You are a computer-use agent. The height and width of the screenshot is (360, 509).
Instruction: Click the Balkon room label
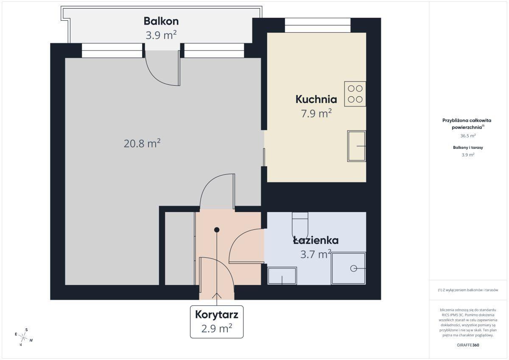161,21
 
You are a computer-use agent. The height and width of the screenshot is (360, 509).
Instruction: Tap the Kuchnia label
316,100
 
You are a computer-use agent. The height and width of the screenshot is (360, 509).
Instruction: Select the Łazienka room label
316,240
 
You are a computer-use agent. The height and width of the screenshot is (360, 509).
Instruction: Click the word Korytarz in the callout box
217,315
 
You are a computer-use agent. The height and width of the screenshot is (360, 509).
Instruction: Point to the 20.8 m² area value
142,143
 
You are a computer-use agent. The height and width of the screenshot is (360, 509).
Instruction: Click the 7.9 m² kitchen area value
316,113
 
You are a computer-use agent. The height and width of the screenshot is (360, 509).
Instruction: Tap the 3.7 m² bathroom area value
316,254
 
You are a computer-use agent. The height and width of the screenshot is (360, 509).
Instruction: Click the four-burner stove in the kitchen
355,94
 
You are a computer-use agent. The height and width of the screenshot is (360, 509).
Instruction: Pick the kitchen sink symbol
357,146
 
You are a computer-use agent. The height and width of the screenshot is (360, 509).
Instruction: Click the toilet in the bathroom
300,225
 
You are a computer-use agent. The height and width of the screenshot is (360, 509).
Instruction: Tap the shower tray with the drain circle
349,268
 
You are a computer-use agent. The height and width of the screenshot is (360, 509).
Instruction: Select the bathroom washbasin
282,276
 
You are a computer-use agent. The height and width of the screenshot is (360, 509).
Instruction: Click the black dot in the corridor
217,230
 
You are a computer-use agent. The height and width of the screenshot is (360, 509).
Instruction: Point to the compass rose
24,337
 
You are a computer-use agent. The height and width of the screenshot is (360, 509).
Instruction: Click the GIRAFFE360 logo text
468,345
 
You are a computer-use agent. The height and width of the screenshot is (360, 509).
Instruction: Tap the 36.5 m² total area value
468,136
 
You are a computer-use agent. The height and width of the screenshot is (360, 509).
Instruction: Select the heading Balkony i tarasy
468,148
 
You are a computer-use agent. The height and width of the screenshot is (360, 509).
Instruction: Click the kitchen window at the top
318,25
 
